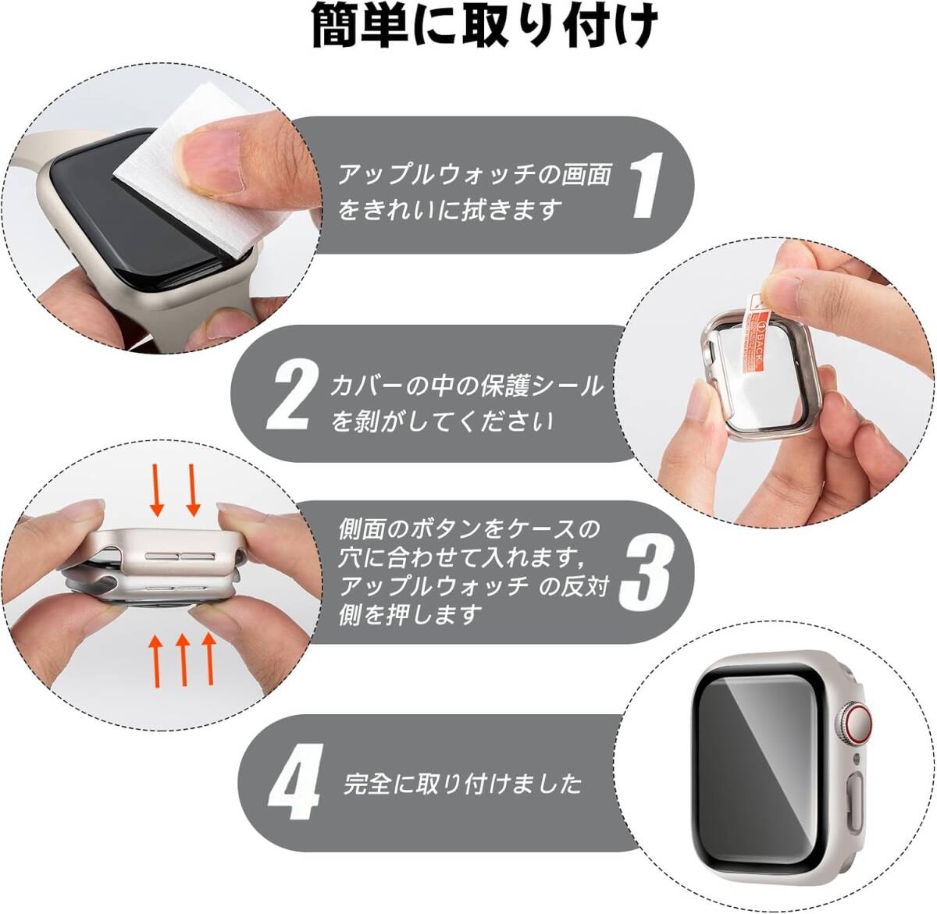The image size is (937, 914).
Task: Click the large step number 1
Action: [645, 184]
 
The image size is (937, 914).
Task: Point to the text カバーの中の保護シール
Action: [466, 386]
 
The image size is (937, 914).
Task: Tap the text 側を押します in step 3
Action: [410, 614]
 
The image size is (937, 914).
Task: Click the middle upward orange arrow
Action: [183, 660]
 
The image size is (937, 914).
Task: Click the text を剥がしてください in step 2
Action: [441, 422]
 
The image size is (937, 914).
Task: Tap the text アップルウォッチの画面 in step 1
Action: [475, 175]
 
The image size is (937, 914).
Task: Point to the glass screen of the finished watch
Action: [759, 770]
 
